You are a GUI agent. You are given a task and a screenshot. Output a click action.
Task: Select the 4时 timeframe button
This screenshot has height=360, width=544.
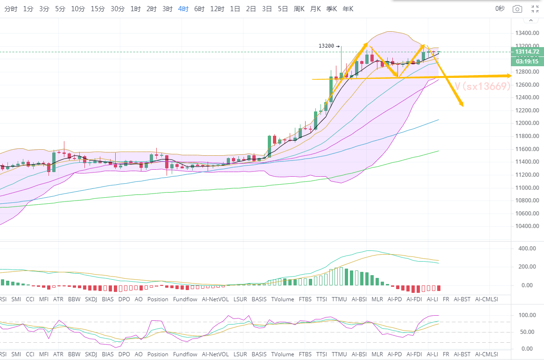[183, 9]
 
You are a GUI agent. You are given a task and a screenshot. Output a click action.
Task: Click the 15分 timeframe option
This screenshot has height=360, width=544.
[98, 9]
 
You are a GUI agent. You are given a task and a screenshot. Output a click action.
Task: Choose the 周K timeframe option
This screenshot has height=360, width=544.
[299, 9]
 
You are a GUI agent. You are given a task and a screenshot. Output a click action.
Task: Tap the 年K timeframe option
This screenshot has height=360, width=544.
[348, 9]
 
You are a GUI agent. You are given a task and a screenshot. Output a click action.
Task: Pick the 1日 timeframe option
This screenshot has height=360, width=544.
[235, 9]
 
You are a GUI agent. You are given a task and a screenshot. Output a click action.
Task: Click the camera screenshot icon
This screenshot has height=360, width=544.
[517, 9]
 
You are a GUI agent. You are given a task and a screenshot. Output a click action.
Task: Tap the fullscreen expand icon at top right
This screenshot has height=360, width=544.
[535, 9]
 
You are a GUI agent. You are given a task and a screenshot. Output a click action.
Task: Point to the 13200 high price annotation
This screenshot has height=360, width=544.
[326, 46]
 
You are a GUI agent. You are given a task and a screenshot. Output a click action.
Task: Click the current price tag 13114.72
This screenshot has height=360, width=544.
[527, 51]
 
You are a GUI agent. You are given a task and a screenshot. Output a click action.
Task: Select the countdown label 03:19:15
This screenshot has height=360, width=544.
[527, 61]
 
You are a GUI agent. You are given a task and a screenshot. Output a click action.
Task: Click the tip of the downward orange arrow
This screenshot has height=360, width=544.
[462, 106]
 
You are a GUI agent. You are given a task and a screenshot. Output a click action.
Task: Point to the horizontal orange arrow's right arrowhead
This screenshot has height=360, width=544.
[510, 75]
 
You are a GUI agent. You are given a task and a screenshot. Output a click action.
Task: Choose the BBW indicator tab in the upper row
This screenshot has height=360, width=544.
[75, 299]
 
